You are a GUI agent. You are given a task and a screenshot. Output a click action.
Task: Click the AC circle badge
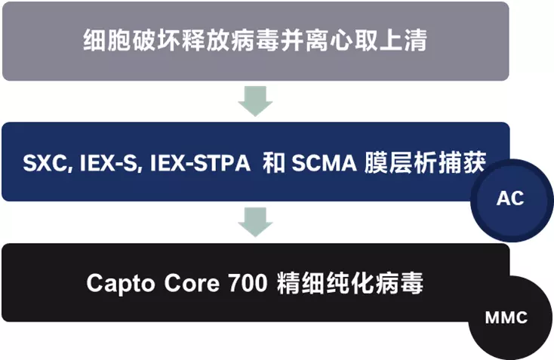[510, 198]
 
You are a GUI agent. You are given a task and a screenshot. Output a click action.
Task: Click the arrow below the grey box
[255, 100]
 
